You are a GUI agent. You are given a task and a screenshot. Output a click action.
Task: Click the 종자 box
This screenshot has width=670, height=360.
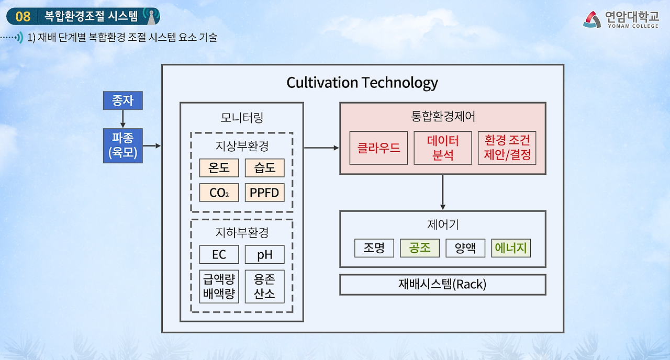point(122,100)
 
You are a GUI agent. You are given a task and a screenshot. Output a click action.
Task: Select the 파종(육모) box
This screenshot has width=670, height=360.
point(122,145)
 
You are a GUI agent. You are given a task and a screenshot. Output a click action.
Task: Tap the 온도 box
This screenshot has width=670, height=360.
point(219,168)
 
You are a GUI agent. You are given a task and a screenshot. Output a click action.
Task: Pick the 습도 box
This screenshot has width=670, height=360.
point(264,168)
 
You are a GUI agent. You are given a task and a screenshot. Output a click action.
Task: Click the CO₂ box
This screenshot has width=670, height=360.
point(219,193)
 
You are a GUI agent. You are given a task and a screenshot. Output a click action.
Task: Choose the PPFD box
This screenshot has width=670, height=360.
point(264,193)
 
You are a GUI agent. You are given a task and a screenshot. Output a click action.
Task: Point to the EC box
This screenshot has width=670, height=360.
point(219,254)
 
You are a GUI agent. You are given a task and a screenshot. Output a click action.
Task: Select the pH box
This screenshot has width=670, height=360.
point(264,254)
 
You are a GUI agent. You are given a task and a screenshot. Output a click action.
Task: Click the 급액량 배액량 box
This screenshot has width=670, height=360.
point(219,287)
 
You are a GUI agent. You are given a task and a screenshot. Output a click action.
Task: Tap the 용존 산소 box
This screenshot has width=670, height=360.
point(264,287)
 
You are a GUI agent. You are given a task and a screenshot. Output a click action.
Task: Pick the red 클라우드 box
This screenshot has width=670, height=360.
point(378,148)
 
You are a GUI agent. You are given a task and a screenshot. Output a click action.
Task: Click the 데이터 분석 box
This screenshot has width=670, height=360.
point(443,148)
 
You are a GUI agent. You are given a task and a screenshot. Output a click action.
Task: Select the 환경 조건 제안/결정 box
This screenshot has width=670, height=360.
point(507,148)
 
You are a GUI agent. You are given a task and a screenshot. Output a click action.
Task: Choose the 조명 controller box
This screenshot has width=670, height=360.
point(374,248)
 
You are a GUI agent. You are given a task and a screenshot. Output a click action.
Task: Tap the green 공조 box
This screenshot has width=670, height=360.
point(420,248)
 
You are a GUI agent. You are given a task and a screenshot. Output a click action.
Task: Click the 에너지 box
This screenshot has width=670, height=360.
point(511,248)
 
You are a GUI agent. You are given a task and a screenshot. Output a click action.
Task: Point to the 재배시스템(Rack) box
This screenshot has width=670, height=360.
point(442,285)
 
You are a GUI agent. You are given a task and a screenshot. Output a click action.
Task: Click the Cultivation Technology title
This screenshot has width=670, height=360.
point(362,83)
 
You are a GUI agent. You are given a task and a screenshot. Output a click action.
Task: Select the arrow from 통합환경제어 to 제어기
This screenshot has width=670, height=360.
point(443,192)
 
